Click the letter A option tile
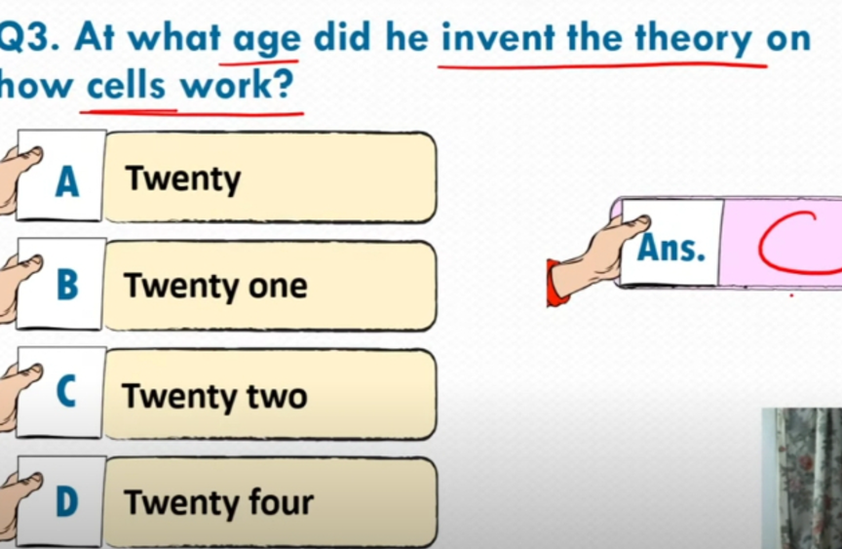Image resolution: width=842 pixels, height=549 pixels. click(60, 176)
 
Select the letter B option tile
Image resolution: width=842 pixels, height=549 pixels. click(60, 284)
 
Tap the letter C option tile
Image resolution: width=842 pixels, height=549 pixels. click(60, 392)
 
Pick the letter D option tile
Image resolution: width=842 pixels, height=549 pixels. click(60, 502)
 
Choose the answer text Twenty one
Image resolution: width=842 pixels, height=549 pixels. click(216, 286)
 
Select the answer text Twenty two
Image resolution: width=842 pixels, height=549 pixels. click(214, 397)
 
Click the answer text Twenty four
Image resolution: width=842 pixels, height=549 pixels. click(219, 502)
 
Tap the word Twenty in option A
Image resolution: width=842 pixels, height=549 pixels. click(183, 178)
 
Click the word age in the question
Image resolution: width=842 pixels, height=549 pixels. click(267, 40)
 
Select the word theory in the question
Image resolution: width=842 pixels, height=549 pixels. click(694, 39)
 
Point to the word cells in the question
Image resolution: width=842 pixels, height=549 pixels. click(126, 86)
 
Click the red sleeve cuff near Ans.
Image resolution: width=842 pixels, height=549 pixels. click(555, 283)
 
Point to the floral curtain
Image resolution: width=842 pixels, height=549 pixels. click(802, 478)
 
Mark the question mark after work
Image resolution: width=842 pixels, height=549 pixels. click(285, 84)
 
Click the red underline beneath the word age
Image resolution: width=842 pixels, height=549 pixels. click(259, 64)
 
